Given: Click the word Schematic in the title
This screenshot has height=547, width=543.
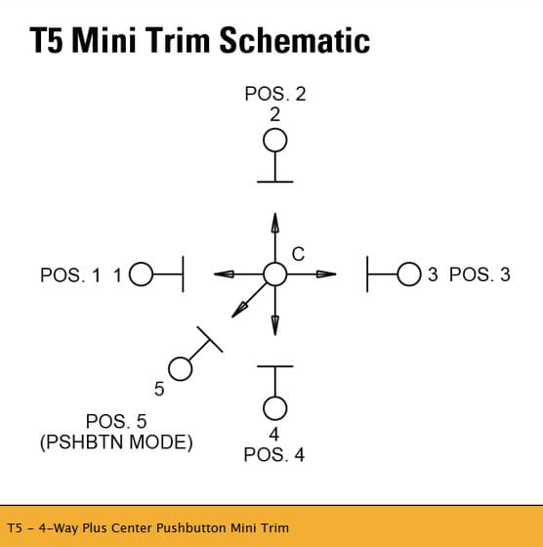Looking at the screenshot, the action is coord(295,40).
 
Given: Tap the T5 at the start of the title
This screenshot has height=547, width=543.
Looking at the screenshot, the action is coord(47,40).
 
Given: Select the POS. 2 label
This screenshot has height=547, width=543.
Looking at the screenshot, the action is coord(275,94).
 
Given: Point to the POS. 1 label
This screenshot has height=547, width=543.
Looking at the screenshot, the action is coord(70,274).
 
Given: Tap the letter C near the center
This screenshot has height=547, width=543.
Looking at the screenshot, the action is coord(298,254).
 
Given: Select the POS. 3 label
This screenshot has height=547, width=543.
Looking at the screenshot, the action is coord(480,274).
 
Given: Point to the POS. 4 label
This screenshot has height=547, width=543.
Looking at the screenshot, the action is coord(274,454).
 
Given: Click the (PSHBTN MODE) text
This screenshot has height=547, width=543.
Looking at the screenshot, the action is coord(116,442).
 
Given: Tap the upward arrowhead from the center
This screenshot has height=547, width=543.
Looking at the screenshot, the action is coord(275,223).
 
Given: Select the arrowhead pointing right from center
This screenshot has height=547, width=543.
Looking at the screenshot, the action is coord(326,274).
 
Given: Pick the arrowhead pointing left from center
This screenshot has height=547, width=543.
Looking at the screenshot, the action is coord(224,274).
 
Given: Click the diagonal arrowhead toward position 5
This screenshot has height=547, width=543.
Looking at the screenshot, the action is coord(239,311).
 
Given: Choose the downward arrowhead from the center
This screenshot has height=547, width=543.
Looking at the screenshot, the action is coord(275,326).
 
